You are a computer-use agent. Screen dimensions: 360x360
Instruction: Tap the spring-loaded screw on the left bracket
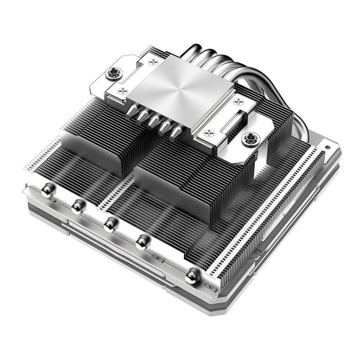112,73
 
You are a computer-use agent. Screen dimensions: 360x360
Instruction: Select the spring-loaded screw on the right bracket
248,139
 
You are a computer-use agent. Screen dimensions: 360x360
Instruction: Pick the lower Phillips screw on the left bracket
122,91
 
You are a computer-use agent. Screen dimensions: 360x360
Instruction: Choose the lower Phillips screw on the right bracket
208,133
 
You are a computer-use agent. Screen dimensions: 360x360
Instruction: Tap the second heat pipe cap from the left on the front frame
77,206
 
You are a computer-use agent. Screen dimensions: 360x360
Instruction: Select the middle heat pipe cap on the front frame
109,224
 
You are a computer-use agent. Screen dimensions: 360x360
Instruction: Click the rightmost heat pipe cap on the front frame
193,275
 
